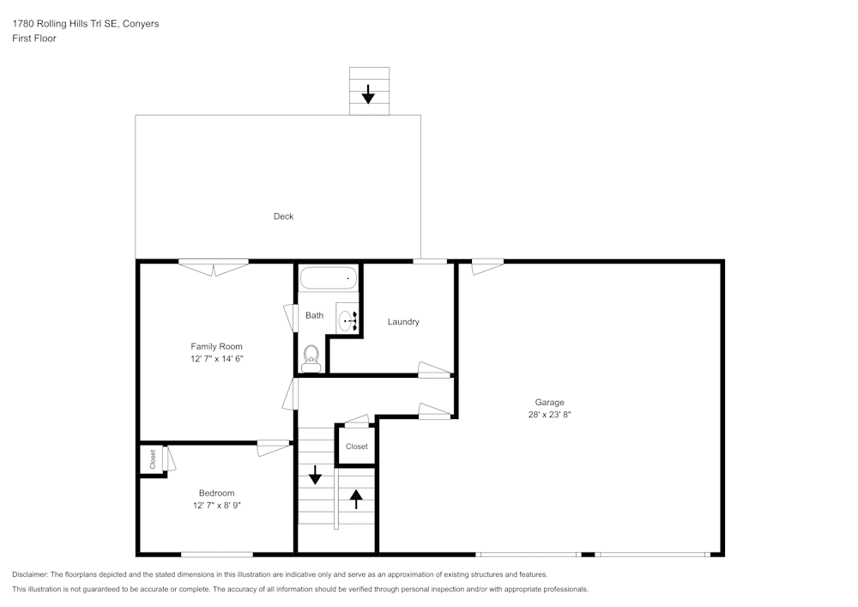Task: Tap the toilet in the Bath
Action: click(311, 358)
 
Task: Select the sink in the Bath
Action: click(347, 321)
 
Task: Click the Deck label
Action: click(283, 216)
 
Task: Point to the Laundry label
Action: click(403, 322)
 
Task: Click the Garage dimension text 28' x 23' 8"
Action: click(550, 415)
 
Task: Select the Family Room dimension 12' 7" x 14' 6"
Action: click(217, 359)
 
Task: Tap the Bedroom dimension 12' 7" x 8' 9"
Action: click(216, 506)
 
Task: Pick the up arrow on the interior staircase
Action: click(356, 498)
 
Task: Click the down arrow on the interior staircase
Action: click(315, 474)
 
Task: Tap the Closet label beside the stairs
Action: click(357, 446)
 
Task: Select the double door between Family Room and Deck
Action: click(214, 265)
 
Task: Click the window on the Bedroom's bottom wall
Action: click(217, 555)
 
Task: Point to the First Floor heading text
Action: click(34, 39)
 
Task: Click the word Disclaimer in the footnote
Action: click(31, 574)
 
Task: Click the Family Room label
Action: click(217, 347)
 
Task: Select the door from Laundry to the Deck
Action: click(429, 261)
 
